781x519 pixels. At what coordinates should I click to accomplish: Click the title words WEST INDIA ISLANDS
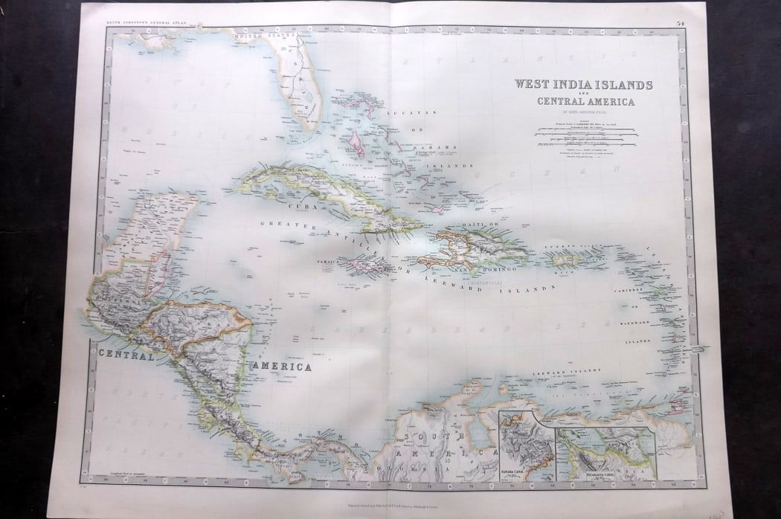583,85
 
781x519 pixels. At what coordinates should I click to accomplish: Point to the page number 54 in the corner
681,23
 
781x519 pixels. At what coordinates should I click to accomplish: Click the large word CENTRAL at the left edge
126,355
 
